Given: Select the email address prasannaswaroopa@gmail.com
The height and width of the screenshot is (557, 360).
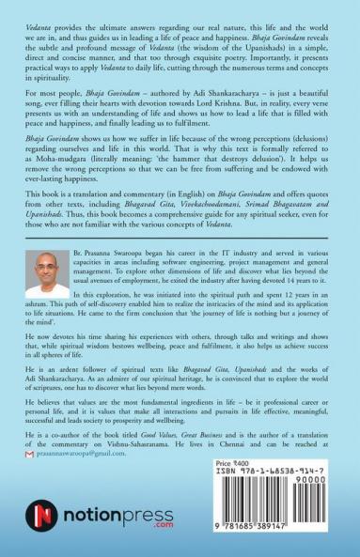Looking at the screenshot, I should point(87,454).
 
